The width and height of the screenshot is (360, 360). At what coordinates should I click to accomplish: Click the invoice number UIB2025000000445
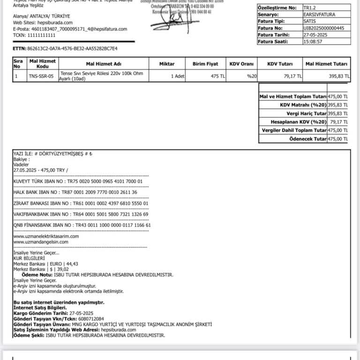[x=323, y=28]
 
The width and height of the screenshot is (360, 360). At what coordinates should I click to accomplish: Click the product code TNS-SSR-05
[x=41, y=75]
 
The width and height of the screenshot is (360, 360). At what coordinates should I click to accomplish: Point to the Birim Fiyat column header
[x=205, y=64]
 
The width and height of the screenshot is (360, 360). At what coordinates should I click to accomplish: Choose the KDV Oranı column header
[x=241, y=64]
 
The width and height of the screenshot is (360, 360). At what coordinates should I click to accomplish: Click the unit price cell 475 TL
[x=218, y=75]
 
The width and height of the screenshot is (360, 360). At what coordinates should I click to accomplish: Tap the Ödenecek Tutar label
[x=307, y=139]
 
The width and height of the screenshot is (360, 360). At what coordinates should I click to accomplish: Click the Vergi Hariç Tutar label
[x=307, y=113]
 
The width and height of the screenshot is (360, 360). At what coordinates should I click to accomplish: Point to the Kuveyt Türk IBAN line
[x=78, y=181]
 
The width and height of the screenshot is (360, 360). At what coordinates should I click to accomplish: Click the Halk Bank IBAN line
[x=75, y=192]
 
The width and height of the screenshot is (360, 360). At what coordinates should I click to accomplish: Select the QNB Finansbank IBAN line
[x=82, y=225]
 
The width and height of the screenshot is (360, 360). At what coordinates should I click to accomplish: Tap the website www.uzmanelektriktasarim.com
[x=46, y=236]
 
